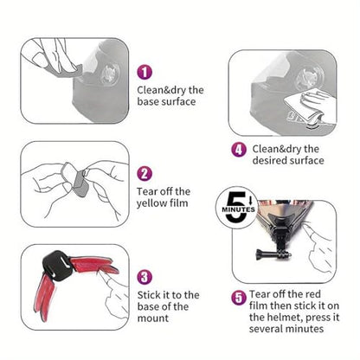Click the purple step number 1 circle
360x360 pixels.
click(145, 72)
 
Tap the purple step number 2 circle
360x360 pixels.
click(145, 174)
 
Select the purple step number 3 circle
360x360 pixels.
click(145, 277)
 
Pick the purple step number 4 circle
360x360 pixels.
click(239, 150)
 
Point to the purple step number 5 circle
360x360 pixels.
click(239, 298)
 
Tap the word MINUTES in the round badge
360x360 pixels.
click(238, 209)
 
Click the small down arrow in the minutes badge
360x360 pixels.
click(250, 199)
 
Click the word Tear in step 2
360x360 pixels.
click(147, 191)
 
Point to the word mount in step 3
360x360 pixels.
click(153, 318)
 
